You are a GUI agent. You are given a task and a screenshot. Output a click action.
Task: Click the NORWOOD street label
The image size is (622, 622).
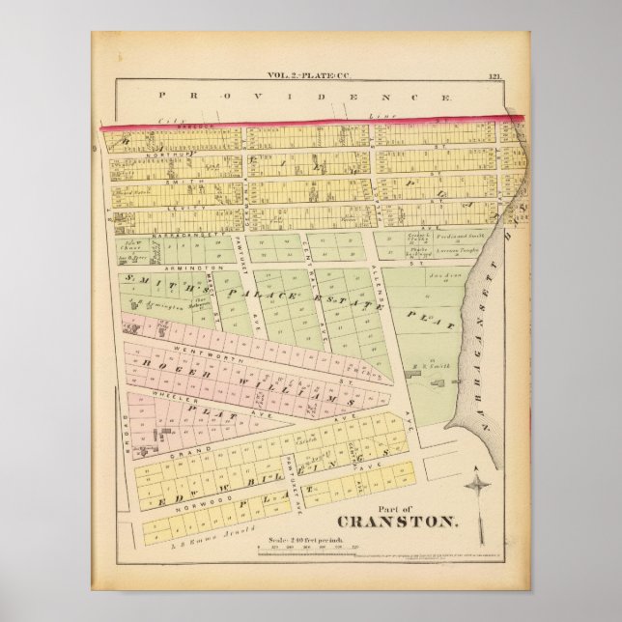(180, 500)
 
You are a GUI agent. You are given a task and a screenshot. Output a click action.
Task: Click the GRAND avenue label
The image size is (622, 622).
(184, 451)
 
